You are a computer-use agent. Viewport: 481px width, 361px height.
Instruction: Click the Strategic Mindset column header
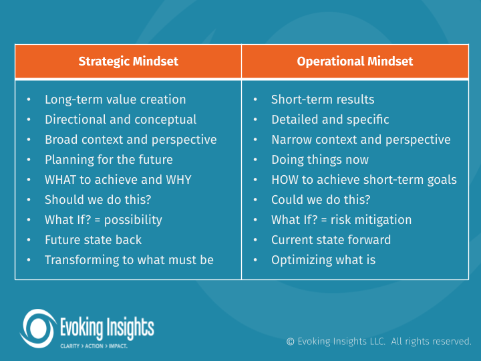(x=128, y=62)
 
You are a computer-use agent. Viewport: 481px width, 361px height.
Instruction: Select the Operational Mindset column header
(x=355, y=62)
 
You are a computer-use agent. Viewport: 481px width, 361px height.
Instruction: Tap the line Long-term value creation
(x=115, y=100)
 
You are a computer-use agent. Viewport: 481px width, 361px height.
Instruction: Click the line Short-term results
(x=323, y=100)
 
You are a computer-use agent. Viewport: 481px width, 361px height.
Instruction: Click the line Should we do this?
(x=97, y=200)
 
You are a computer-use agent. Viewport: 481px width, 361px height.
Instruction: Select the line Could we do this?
(x=321, y=200)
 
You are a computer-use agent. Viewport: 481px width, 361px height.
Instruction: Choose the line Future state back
(x=93, y=240)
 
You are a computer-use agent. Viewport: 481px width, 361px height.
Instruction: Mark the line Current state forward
(x=331, y=240)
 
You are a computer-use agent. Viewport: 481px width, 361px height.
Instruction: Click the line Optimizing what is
(x=323, y=260)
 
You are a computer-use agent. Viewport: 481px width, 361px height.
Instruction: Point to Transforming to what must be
(x=129, y=260)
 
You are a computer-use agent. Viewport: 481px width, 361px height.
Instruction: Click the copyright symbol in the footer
(x=291, y=342)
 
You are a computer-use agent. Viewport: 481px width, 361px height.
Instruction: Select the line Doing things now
(x=319, y=160)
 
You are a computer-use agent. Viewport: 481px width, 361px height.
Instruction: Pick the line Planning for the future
(x=108, y=160)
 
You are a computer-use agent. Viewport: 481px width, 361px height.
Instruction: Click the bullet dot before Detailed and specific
(x=256, y=120)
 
